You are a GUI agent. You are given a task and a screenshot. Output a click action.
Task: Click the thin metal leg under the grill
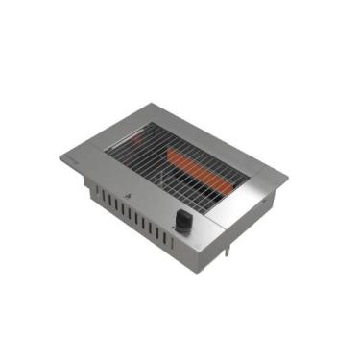[x=228, y=249]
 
